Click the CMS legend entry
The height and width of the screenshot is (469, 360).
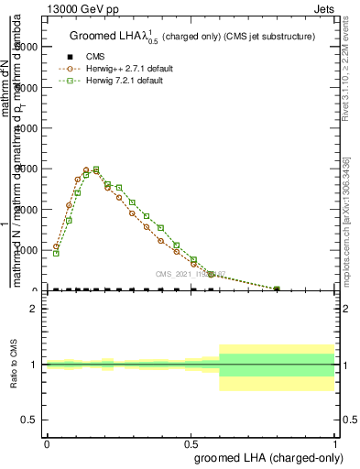pos(94,56)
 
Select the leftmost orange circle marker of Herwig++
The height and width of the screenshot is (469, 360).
pos(56,245)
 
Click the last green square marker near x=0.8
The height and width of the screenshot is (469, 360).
pos(277,289)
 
